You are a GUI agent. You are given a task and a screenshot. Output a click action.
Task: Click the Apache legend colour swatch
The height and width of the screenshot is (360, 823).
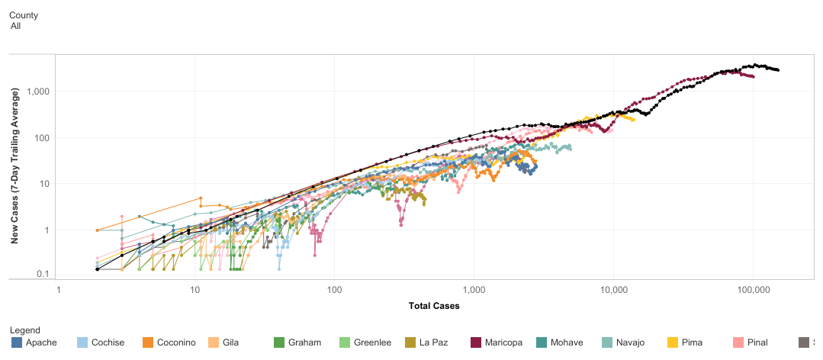tap(16, 342)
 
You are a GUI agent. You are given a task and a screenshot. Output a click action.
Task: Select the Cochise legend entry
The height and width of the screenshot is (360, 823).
tap(107, 342)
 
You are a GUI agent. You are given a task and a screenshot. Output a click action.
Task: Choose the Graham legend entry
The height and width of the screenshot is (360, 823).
tap(304, 342)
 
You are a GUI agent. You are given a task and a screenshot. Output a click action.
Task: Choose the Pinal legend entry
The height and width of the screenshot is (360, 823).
tap(753, 342)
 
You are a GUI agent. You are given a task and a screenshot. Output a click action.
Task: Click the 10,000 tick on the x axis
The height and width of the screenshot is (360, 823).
tap(613, 291)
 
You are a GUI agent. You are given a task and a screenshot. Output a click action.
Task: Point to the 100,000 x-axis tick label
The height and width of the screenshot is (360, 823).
tap(753, 291)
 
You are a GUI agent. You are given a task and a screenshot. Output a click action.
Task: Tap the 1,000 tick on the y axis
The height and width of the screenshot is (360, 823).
tap(37, 92)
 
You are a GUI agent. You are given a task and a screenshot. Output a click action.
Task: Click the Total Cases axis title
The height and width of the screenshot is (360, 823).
tap(434, 306)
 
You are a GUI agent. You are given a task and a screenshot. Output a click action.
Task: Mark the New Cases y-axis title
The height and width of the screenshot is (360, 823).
tap(14, 166)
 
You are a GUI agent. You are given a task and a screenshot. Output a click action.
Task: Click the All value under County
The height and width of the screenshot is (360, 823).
tap(15, 26)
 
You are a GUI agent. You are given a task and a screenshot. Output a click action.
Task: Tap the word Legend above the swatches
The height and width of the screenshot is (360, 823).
tap(25, 330)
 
